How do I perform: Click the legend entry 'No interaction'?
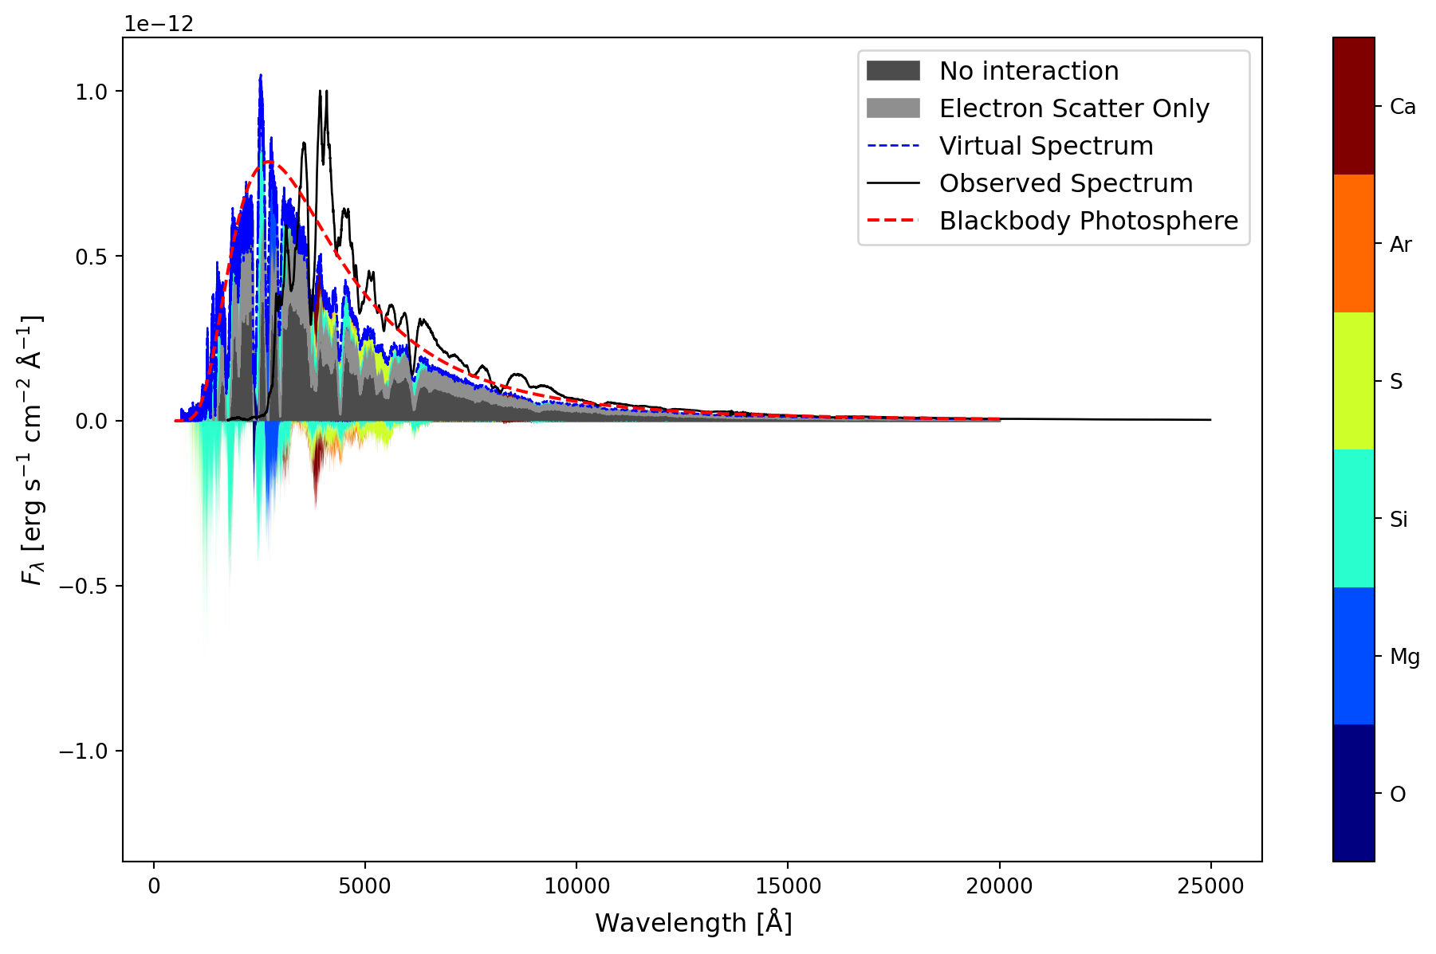pos(1029,71)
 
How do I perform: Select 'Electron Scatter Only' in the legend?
pos(1074,108)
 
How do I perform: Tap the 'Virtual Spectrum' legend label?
pos(1046,146)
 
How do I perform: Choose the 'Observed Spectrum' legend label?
pos(1066,183)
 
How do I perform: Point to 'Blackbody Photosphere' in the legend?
pos(1088,221)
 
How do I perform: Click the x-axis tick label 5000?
pos(365,886)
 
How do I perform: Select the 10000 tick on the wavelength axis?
pos(576,886)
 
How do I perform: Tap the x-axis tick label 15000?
pos(788,886)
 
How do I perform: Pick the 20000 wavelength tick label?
pos(999,886)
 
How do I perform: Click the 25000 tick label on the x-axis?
pos(1210,886)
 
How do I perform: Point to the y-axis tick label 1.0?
pos(91,92)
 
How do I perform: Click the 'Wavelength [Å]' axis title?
pos(693,923)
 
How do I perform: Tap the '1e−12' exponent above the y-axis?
pos(159,24)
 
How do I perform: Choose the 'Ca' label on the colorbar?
pos(1403,107)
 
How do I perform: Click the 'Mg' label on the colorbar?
pos(1404,657)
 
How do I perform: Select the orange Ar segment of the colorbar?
pos(1353,243)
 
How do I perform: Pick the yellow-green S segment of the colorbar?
pos(1353,381)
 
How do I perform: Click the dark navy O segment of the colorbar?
pos(1353,793)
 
